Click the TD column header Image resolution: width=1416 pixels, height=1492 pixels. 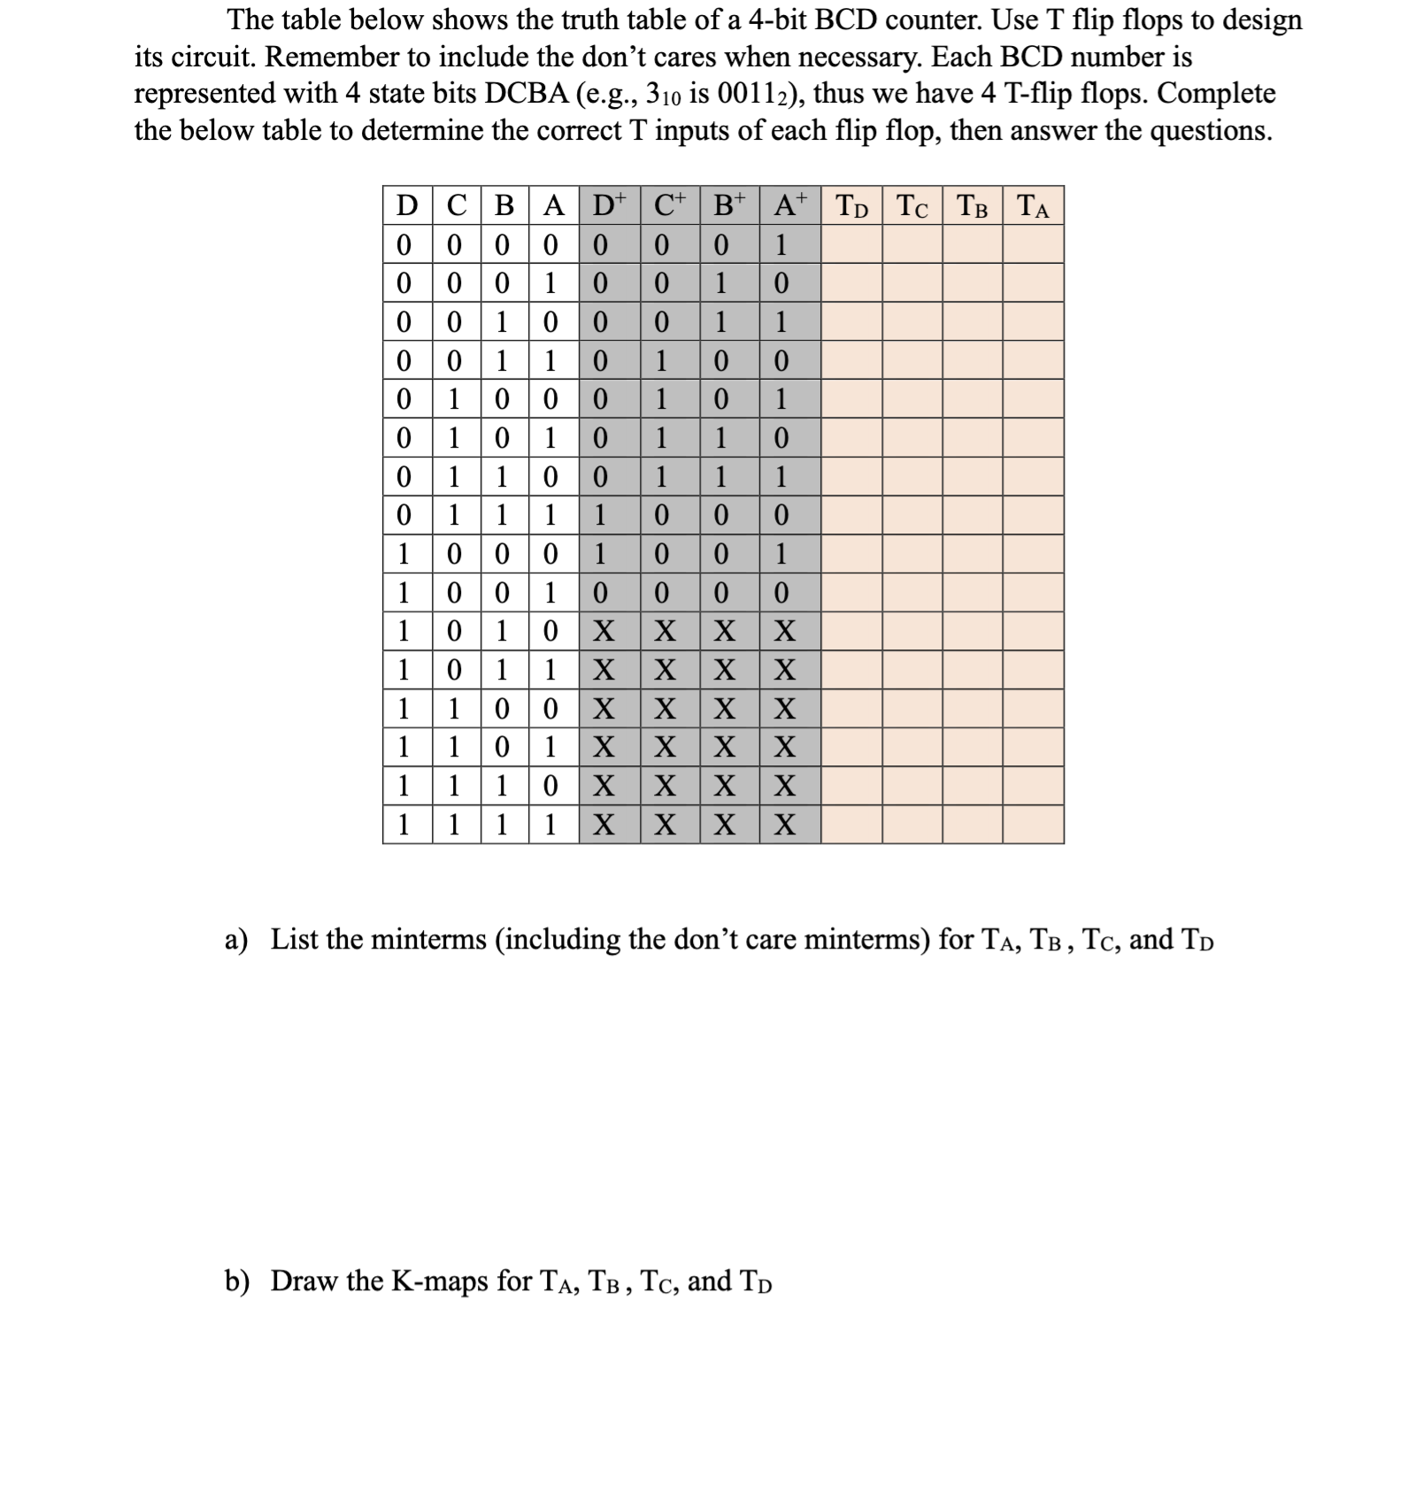point(851,206)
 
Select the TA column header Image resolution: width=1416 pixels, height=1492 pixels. point(1033,206)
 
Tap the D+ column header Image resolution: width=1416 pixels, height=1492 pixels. point(609,205)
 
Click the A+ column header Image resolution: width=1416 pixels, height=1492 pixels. point(789,205)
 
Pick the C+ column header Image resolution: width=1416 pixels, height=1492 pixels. point(670,205)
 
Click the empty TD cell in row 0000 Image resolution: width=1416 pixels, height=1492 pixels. point(851,244)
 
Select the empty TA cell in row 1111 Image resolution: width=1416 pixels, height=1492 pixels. point(1033,825)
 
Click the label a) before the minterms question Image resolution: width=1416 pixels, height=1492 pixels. point(236,939)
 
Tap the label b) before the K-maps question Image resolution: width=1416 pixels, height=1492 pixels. point(236,1281)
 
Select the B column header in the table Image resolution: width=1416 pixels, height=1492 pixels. point(504,206)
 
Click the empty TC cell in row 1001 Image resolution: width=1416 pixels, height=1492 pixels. point(912,593)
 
